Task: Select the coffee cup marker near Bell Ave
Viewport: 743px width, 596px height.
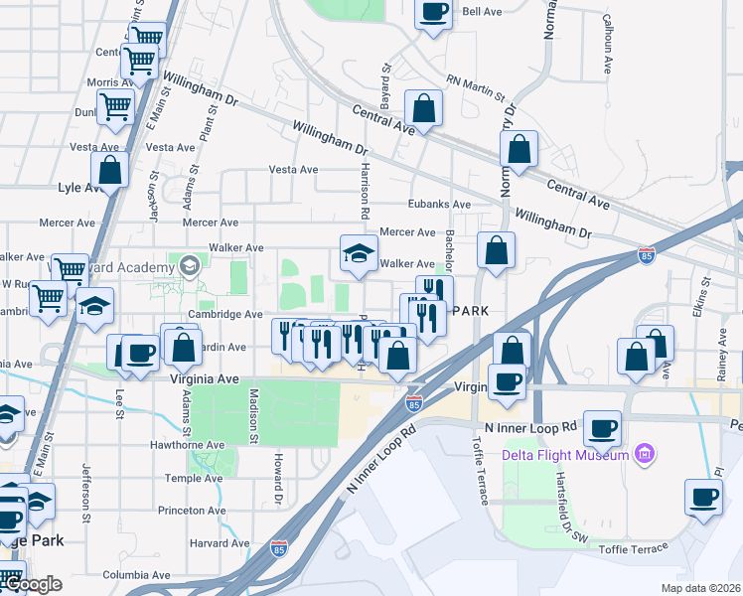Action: pos(433,12)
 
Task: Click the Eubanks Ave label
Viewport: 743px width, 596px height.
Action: pos(439,204)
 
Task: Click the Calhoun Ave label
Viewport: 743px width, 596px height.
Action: pos(607,45)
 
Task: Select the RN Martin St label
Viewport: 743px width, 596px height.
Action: pos(477,86)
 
